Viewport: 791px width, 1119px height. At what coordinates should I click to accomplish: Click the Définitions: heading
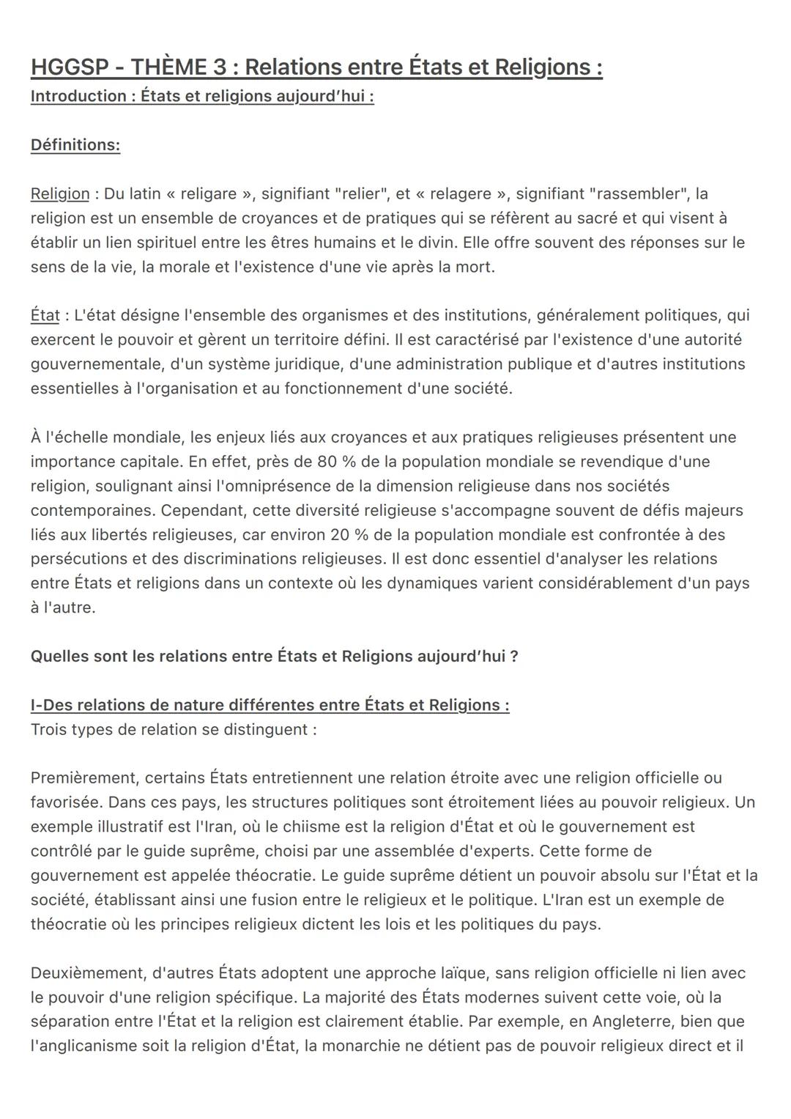tap(75, 145)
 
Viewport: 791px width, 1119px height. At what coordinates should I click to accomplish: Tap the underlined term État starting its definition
tap(45, 315)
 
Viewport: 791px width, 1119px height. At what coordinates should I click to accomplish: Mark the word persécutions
tap(75, 559)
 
